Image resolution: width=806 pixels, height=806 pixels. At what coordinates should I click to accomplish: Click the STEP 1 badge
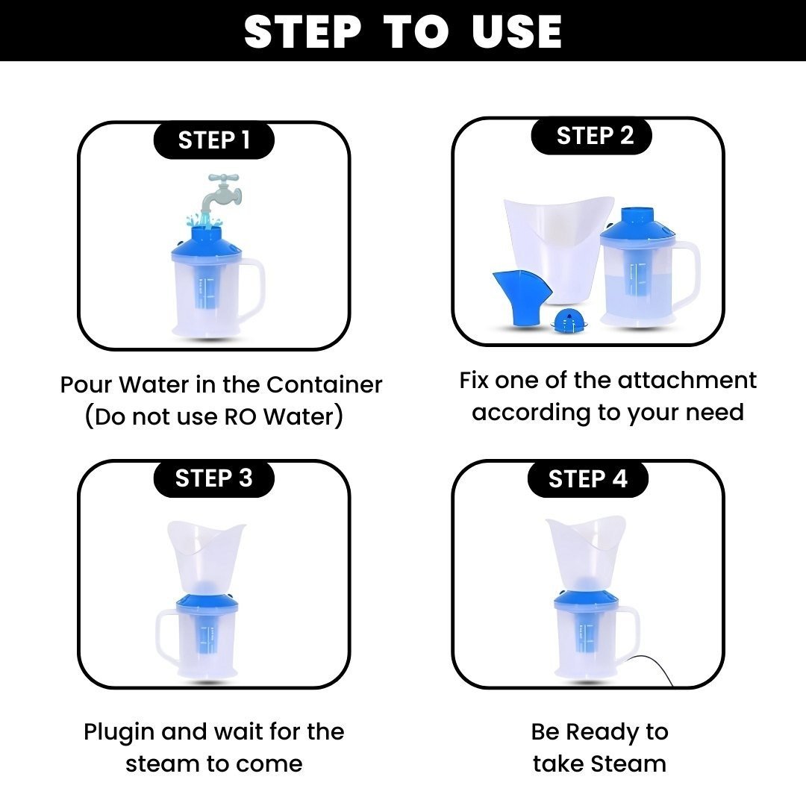[x=214, y=140]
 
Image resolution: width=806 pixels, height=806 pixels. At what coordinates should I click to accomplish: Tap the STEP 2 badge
[x=591, y=136]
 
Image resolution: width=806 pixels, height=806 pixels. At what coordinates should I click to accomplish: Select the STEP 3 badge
[x=214, y=478]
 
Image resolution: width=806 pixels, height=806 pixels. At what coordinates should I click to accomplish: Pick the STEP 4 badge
[x=587, y=478]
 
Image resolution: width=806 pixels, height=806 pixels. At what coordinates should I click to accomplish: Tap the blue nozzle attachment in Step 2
[x=521, y=298]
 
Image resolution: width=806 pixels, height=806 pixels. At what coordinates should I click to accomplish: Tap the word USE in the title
[x=516, y=32]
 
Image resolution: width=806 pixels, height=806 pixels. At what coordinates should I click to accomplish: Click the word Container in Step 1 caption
[x=325, y=384]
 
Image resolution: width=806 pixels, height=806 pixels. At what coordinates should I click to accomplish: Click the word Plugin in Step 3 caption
[x=119, y=732]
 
